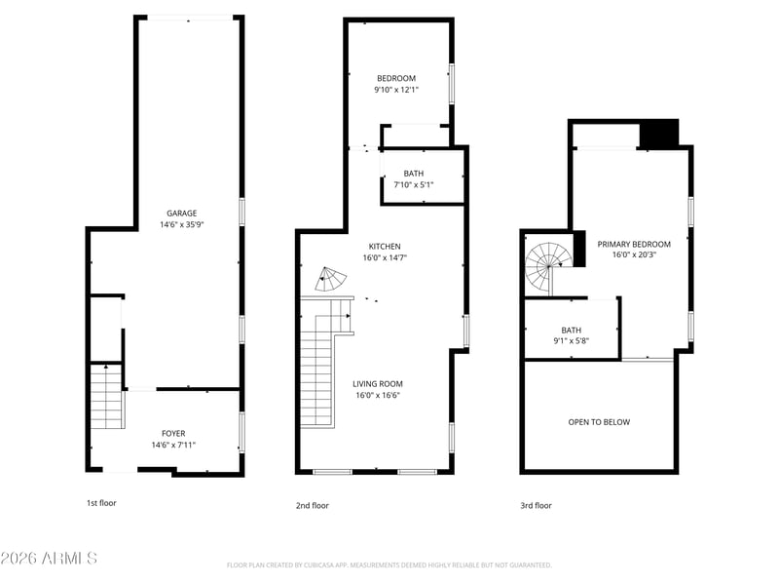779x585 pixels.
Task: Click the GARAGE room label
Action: (x=182, y=213)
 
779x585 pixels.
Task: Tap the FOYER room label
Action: (x=173, y=433)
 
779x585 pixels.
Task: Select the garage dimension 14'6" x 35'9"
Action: (x=182, y=224)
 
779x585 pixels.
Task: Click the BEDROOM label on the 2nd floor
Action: (x=396, y=78)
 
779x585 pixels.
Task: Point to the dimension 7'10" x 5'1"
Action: (x=414, y=184)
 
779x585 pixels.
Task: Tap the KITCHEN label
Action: (x=385, y=247)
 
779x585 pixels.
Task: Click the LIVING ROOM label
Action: (x=378, y=383)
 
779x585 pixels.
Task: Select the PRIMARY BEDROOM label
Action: (x=634, y=244)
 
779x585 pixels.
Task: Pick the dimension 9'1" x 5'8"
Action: (x=572, y=340)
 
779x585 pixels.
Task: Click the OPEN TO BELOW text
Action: (x=599, y=422)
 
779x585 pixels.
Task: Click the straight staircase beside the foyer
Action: (x=107, y=397)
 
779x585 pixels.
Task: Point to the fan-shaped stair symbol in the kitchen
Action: (x=329, y=280)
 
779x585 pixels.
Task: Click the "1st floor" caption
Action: (x=101, y=503)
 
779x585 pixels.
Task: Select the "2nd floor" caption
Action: (x=313, y=505)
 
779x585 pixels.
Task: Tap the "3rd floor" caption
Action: (x=537, y=505)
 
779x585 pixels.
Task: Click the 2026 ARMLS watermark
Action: (x=49, y=558)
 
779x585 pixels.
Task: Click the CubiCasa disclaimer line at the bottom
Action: (x=389, y=565)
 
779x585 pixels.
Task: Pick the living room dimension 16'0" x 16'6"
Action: (x=378, y=396)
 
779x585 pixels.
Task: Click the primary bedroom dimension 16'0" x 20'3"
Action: (x=634, y=254)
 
